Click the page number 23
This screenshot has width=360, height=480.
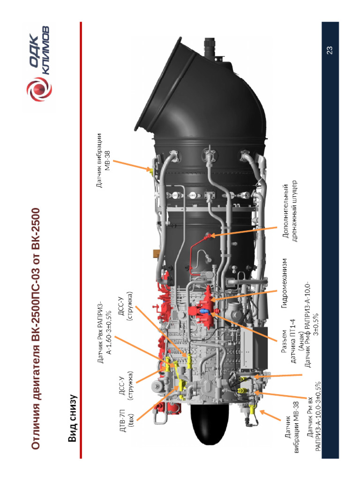(x=329, y=50)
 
